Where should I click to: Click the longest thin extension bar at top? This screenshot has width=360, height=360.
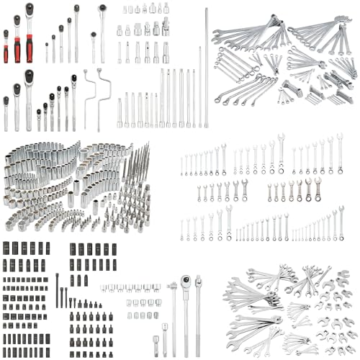(x=206, y=65)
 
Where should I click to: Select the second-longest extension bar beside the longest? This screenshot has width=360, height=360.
(x=199, y=86)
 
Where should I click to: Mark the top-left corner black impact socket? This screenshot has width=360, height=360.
(x=5, y=248)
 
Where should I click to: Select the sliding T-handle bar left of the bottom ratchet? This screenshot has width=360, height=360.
(x=173, y=313)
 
